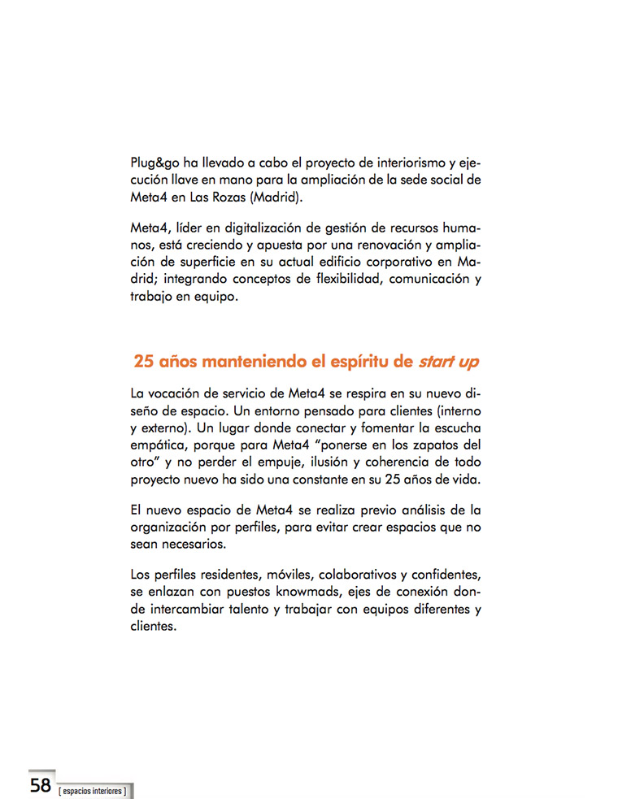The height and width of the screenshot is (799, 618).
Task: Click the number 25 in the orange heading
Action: coord(144,361)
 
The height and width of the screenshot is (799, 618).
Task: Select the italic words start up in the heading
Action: coord(448,361)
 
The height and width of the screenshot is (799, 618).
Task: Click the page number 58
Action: coord(41,784)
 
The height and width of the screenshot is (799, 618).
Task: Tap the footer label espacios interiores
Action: coord(93,789)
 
